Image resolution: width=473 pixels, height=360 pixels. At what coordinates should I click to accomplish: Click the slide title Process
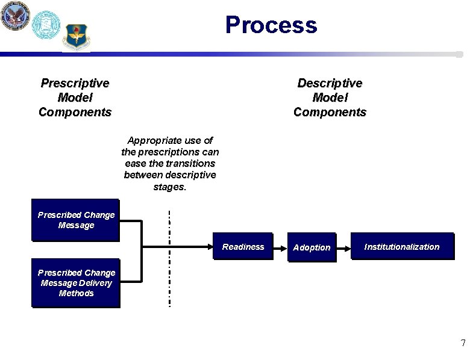coord(271,25)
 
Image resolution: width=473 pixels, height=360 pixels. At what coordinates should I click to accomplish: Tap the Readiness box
coord(243,246)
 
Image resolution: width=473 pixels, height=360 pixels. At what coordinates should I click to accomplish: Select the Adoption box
coord(312,247)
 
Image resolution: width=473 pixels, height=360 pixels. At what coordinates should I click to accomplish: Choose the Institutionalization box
coord(402,246)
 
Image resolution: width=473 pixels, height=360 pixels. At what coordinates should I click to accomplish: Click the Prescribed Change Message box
coord(76,220)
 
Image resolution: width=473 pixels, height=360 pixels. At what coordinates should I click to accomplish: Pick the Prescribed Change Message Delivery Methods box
coord(76,283)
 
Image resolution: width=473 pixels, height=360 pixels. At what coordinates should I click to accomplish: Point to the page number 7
coord(462,343)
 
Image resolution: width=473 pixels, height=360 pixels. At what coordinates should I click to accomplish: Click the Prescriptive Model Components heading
coord(75,98)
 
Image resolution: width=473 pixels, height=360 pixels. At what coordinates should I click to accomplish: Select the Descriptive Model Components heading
coord(329,98)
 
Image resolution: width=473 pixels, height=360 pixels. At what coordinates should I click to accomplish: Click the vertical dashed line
coord(170,259)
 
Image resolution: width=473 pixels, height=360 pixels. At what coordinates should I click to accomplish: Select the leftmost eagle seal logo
coord(14,16)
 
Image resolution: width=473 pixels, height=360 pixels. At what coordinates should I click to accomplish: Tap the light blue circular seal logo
coord(46,25)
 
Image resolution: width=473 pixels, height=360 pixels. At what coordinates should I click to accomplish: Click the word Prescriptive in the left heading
coord(75,83)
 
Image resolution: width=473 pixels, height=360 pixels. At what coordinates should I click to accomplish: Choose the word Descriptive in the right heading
coord(330,83)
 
